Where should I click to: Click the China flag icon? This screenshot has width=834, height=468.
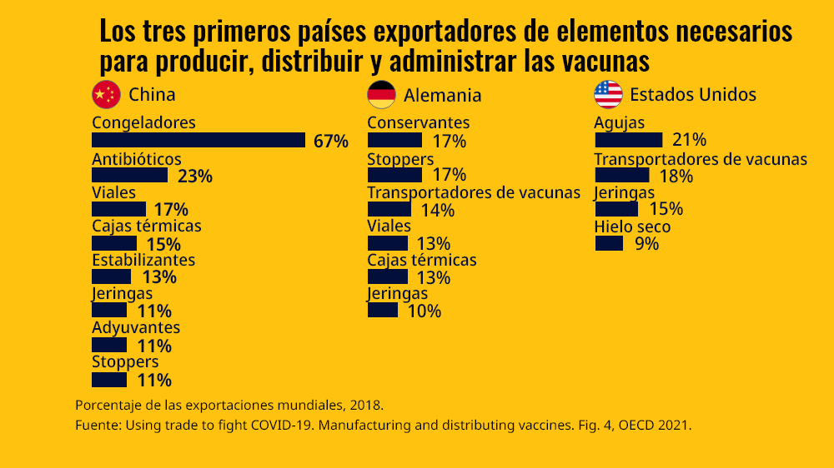106,95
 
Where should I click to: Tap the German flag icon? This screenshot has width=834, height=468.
381,95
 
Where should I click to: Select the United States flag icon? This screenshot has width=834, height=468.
608,95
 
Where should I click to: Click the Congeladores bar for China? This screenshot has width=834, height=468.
198,140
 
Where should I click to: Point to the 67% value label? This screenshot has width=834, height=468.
330,141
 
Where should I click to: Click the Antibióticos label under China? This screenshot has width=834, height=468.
136,159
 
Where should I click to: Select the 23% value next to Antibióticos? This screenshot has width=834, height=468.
195,176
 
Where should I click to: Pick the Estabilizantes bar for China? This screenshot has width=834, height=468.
111,276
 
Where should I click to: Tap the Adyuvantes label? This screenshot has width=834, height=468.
135,327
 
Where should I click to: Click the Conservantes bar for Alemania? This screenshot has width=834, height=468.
394,140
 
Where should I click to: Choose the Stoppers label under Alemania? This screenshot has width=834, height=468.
399,159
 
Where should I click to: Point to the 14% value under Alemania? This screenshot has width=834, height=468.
437,210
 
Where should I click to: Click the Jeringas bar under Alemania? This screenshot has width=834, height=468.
383,311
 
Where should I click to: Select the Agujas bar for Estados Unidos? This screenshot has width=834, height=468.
628,140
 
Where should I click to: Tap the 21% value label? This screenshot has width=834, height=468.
689,140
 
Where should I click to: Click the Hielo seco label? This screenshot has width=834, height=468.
631,227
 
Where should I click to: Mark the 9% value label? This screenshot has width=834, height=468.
646,244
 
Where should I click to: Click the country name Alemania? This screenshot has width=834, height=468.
442,95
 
